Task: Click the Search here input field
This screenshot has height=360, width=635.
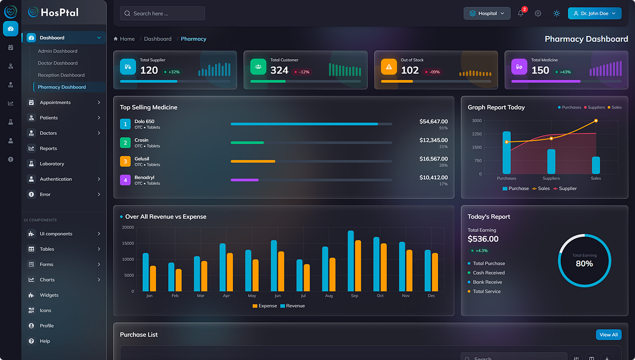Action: [162, 13]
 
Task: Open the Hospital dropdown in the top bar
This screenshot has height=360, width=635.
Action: [486, 13]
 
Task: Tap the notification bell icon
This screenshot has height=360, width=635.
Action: [521, 13]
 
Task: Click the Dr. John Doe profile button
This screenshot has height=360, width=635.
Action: [594, 13]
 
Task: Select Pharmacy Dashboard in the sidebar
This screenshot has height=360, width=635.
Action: [61, 87]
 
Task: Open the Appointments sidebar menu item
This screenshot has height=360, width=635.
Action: [55, 102]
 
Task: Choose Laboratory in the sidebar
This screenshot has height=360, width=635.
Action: [52, 164]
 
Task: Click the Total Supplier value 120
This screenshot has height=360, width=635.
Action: [149, 70]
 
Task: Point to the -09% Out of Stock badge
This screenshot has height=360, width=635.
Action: [434, 72]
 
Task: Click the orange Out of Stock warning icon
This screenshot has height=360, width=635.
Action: [389, 67]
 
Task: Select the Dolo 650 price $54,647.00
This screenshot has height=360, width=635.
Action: [433, 121]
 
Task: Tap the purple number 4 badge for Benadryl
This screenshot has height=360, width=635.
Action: [125, 180]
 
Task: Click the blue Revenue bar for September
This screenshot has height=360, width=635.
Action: [351, 260]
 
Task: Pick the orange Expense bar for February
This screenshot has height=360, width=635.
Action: [179, 280]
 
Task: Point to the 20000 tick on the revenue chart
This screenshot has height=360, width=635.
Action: [128, 227]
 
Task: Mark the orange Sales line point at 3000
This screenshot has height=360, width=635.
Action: [596, 121]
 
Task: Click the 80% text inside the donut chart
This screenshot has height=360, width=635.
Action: [584, 263]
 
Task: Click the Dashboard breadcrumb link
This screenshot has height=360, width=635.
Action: [158, 39]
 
